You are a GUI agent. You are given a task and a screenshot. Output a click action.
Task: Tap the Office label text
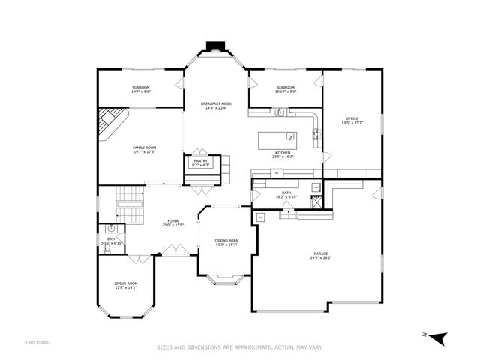click(352, 119)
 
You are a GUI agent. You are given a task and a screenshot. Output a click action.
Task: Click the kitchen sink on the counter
click(279, 113)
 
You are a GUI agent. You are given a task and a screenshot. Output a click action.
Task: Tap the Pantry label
click(200, 160)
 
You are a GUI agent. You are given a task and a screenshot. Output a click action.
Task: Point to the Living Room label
click(125, 283)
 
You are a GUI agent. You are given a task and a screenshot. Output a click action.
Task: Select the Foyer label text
click(173, 221)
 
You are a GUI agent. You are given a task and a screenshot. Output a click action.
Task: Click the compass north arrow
click(439, 337)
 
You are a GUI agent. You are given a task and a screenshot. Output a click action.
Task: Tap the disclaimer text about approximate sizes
click(239, 347)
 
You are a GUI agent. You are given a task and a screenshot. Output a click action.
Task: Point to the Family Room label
click(144, 148)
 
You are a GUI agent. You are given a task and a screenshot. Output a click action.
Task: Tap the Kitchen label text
click(283, 154)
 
